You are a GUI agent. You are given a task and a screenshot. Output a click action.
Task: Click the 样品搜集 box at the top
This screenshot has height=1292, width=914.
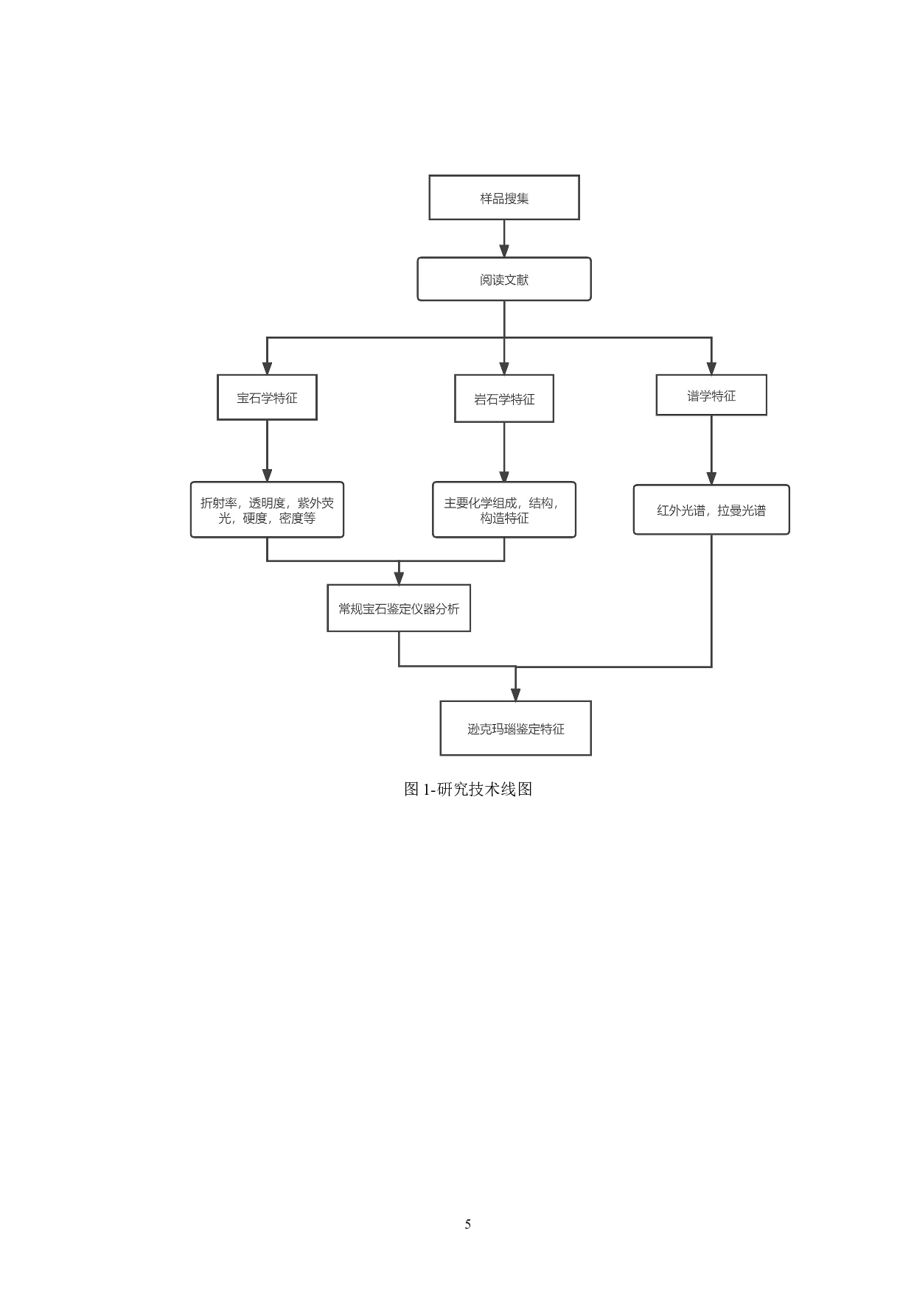click(504, 197)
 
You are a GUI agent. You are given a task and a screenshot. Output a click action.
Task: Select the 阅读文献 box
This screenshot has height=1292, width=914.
click(504, 279)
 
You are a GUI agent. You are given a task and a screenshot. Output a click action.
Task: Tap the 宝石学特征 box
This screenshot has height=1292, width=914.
click(267, 398)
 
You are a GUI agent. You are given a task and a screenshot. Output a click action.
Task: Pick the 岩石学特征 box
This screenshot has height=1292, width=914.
click(504, 399)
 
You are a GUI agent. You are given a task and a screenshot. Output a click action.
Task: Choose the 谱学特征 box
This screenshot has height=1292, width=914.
click(711, 396)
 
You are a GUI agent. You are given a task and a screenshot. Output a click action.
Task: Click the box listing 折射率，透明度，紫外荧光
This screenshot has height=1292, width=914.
click(267, 510)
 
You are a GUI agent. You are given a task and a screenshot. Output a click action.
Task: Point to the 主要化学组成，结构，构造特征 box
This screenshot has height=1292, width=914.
click(504, 510)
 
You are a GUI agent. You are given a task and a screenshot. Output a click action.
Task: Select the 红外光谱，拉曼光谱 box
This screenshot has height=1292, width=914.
click(711, 510)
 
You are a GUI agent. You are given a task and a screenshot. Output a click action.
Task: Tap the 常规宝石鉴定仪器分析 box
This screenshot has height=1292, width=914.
click(399, 608)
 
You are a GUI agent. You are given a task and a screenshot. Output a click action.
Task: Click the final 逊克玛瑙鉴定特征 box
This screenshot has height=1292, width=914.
click(516, 728)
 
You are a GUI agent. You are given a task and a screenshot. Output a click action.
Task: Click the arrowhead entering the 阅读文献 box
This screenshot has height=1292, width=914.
click(504, 250)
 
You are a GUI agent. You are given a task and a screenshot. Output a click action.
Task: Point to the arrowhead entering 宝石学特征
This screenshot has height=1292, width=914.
click(267, 368)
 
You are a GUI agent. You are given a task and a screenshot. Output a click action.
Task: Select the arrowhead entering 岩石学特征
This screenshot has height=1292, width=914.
click(504, 368)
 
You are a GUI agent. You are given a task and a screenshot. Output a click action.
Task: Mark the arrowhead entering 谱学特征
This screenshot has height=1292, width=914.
click(711, 368)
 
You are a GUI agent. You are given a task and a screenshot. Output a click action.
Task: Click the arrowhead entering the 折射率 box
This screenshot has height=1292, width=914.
click(267, 475)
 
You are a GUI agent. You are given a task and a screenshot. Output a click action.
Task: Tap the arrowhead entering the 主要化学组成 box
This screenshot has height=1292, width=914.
click(504, 475)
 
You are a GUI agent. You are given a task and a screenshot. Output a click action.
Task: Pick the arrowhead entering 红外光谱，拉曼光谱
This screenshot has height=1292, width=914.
click(711, 478)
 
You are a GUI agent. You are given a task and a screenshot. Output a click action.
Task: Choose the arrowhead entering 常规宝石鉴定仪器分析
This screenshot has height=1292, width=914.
click(399, 578)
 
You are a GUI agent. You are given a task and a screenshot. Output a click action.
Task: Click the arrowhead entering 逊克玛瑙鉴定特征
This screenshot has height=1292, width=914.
click(516, 694)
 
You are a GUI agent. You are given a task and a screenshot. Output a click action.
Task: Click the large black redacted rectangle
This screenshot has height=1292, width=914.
click(489, 1002)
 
